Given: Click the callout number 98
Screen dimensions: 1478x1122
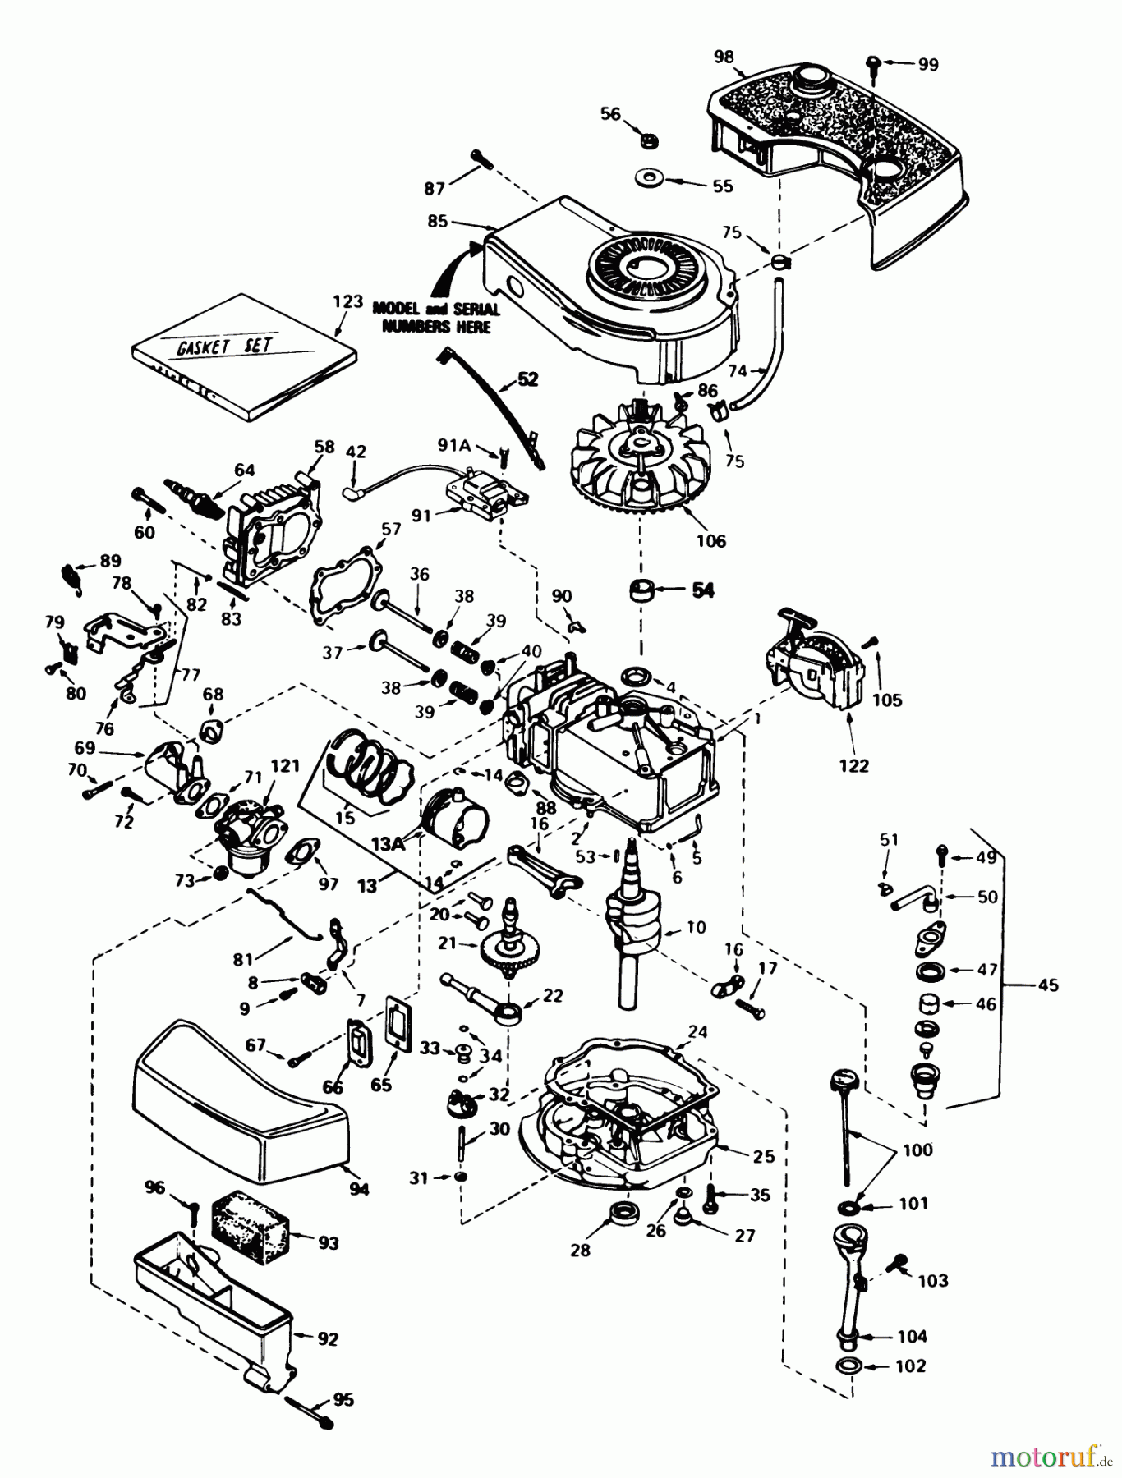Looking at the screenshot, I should coord(723,56).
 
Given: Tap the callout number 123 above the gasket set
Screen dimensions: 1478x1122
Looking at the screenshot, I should coord(347,301).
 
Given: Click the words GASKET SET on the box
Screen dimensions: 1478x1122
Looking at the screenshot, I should coord(225,344).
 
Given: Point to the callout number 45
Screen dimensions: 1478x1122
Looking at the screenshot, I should coord(1048,985).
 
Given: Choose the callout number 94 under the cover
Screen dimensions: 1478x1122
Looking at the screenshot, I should coord(358,1188).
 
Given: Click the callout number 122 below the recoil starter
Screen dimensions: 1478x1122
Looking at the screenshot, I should coord(853,765).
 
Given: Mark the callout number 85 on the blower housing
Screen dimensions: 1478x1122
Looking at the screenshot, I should coord(437,221).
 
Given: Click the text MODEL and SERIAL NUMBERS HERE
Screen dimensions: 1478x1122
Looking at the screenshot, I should coord(435,318).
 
